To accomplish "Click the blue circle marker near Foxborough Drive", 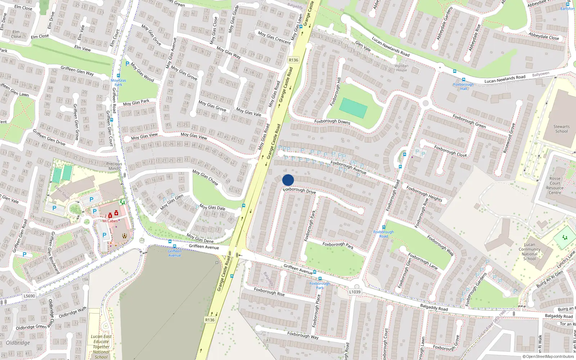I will (288, 180).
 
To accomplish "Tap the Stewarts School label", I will (561, 129).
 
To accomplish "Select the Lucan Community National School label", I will (529, 251).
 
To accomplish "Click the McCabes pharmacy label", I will (110, 221).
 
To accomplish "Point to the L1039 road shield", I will (355, 292).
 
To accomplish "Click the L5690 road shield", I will (29, 296).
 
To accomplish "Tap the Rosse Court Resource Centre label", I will (555, 185).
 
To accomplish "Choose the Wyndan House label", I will (401, 68).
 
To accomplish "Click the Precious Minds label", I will (114, 166).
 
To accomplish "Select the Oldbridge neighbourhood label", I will (18, 343).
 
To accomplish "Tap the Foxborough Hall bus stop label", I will (463, 86).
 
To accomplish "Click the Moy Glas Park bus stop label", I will (118, 82).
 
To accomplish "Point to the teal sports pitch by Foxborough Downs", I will (353, 108).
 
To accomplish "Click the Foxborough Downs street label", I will (332, 121).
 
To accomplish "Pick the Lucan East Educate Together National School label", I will (101, 347).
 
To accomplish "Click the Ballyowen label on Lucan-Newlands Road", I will (541, 74).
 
